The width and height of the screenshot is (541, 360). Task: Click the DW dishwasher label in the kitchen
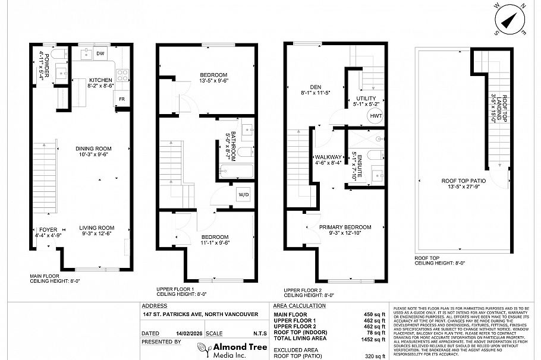pyautogui.click(x=100, y=54)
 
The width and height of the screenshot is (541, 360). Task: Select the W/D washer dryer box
pyautogui.click(x=244, y=194)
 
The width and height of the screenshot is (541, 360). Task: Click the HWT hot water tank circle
pyautogui.click(x=376, y=116)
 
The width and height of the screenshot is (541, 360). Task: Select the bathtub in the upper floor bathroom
pyautogui.click(x=236, y=173)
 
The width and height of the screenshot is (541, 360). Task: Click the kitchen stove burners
pyautogui.click(x=122, y=75)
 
